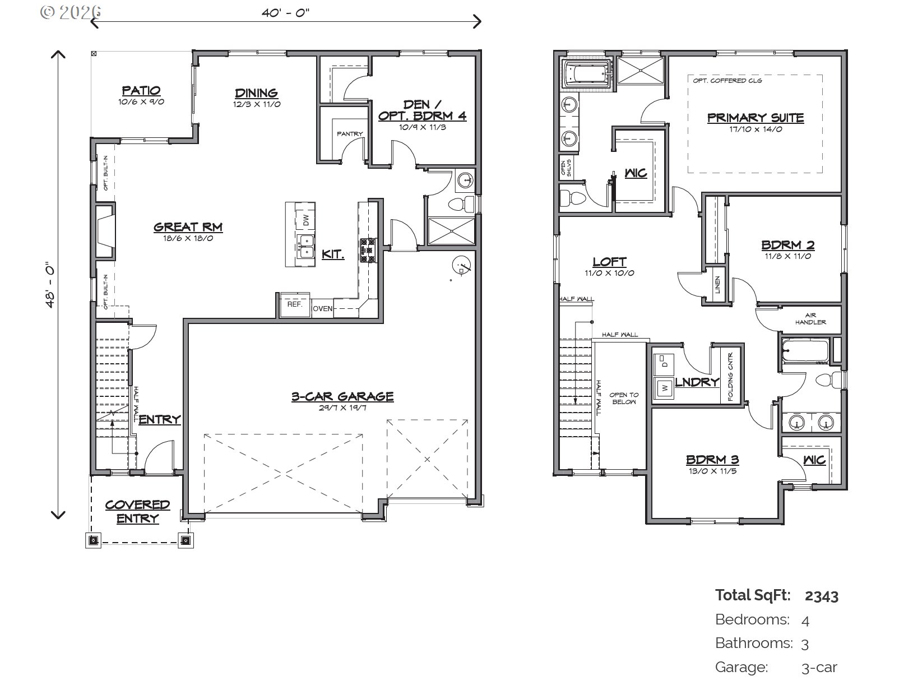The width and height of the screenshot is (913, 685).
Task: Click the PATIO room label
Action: [141, 91]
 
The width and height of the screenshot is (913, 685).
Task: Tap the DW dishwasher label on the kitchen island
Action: [306, 220]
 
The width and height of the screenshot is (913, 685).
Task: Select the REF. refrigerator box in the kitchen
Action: [294, 304]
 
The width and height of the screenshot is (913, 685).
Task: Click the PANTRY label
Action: [350, 134]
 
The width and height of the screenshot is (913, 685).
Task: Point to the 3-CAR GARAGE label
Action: [342, 396]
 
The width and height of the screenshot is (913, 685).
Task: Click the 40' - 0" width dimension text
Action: [285, 13]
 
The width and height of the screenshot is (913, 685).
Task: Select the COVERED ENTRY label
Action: [137, 511]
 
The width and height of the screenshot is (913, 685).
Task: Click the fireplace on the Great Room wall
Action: [104, 232]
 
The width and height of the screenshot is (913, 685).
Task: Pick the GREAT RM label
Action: [188, 227]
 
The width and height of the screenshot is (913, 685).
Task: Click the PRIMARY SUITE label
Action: [755, 118]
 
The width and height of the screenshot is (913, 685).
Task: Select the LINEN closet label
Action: [718, 284]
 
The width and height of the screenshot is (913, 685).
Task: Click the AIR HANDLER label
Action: [810, 318]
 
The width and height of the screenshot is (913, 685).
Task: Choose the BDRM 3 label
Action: [712, 460]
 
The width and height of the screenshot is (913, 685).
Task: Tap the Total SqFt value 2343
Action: [821, 595]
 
